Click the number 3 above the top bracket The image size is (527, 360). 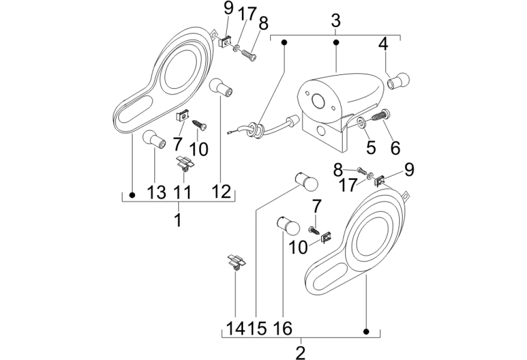pos(336,21)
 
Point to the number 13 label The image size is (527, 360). pos(157,192)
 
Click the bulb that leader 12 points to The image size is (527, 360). pos(221,87)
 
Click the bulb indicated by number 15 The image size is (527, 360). pos(306,181)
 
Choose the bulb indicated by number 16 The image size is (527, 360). pos(288,226)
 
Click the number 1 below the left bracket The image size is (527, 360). pos(178,220)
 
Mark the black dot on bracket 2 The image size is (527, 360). pos(366,331)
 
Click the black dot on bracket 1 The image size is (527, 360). pos(132,195)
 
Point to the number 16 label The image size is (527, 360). pos(283,328)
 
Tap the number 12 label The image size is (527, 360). pos(222,192)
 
